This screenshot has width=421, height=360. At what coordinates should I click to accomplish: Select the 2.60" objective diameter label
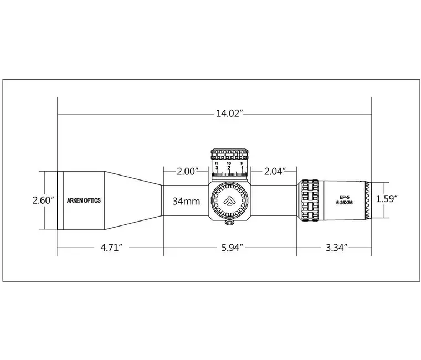click(x=43, y=200)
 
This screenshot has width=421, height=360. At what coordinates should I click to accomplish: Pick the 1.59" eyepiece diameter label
click(x=387, y=198)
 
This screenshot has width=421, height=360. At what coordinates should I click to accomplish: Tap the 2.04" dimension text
click(x=275, y=172)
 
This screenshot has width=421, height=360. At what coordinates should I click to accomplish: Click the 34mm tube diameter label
click(x=186, y=201)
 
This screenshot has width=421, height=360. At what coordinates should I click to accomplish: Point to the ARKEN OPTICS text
click(x=84, y=200)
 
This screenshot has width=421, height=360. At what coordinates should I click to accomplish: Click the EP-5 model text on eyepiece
click(x=344, y=196)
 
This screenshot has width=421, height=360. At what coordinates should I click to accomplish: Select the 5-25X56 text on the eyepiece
click(x=344, y=203)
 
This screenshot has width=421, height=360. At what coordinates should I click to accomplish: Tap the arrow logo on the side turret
click(x=229, y=200)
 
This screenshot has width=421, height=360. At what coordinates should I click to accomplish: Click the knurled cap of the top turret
click(x=229, y=153)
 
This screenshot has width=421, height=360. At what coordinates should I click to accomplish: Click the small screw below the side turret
click(x=230, y=223)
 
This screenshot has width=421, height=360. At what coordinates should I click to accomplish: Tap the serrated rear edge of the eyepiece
click(x=368, y=200)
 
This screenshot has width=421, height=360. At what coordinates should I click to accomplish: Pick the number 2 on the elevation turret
click(x=229, y=168)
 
